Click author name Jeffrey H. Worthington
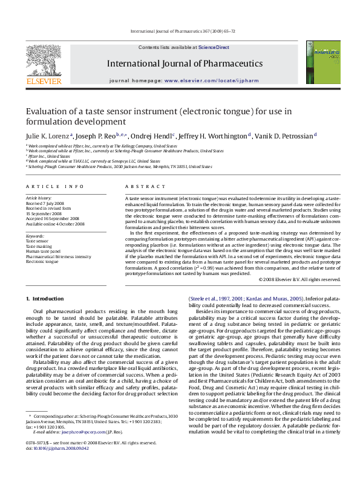(217, 136)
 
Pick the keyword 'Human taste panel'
(43, 251)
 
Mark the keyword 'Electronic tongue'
(43, 261)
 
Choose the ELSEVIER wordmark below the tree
(43, 80)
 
